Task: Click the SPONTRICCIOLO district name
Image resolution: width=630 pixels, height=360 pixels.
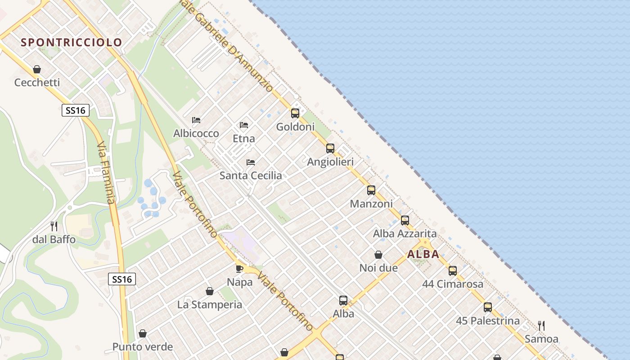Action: click(72, 42)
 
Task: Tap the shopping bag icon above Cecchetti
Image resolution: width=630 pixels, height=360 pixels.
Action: click(37, 69)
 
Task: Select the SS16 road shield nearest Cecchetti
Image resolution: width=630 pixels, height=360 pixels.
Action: click(76, 110)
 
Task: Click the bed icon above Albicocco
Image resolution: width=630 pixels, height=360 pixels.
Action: click(196, 120)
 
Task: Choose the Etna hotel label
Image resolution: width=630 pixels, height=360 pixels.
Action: click(244, 138)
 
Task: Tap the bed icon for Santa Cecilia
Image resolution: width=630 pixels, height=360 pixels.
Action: click(251, 162)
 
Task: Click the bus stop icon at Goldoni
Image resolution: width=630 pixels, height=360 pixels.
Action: click(295, 113)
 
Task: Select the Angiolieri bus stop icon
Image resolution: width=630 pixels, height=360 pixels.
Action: click(330, 148)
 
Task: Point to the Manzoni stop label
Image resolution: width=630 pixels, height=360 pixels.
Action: click(371, 204)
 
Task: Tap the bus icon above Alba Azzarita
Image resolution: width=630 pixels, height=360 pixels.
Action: click(405, 220)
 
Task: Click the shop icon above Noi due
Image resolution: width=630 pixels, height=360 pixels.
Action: click(378, 255)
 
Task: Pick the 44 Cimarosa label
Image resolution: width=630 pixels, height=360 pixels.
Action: click(453, 284)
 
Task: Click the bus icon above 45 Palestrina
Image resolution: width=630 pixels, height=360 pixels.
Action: click(488, 307)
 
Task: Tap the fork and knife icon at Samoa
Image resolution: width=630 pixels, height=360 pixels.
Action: click(541, 325)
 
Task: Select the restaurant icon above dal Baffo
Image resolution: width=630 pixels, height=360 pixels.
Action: click(54, 226)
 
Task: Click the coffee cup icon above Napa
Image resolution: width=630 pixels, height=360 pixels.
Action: click(239, 269)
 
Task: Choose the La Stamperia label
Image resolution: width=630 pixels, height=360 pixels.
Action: click(210, 305)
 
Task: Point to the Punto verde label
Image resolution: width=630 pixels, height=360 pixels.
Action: click(143, 347)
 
